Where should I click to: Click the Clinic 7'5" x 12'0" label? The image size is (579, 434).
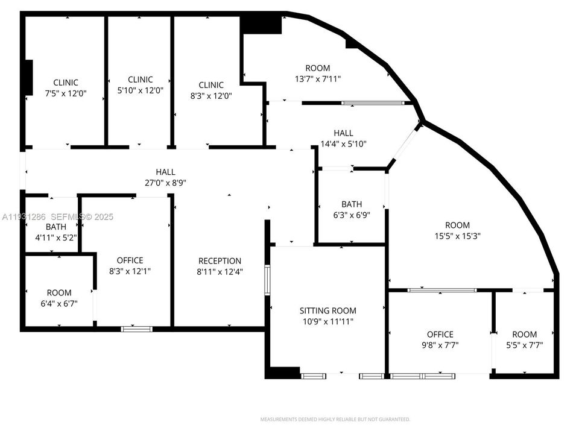(66, 88)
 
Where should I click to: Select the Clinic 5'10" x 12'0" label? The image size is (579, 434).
(141, 84)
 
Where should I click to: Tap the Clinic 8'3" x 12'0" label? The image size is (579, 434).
(211, 90)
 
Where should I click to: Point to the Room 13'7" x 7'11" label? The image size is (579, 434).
(317, 74)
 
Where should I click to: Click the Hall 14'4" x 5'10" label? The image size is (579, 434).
(343, 138)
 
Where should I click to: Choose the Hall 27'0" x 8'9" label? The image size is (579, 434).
(165, 177)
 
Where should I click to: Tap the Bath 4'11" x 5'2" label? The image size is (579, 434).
(56, 232)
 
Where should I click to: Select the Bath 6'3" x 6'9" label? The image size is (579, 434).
(352, 209)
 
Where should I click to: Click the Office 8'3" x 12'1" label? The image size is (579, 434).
(130, 266)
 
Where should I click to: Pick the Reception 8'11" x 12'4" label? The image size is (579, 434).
(220, 266)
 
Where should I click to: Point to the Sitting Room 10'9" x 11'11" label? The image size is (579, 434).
(327, 316)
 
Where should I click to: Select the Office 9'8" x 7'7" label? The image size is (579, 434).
(440, 339)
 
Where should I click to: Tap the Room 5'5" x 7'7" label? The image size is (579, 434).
(524, 339)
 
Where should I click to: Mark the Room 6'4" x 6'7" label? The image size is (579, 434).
(59, 298)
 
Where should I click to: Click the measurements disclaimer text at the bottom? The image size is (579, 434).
(335, 419)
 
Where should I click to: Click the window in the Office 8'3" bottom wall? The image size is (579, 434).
(136, 329)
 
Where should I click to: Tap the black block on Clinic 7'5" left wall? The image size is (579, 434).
(27, 77)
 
